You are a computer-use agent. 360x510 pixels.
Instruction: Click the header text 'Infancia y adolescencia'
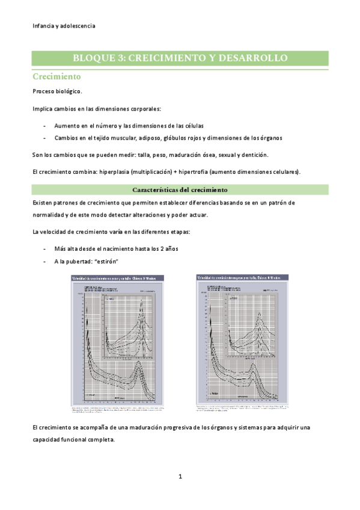pos(64,26)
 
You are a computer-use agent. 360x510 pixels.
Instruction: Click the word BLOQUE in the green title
pos(95,58)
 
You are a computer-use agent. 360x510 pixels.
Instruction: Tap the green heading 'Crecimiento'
pos(56,78)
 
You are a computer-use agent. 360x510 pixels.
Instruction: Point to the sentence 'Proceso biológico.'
pos(57,91)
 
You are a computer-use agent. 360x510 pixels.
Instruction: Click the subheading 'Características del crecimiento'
pos(180,189)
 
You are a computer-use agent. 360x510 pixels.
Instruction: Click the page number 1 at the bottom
pos(180,477)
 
